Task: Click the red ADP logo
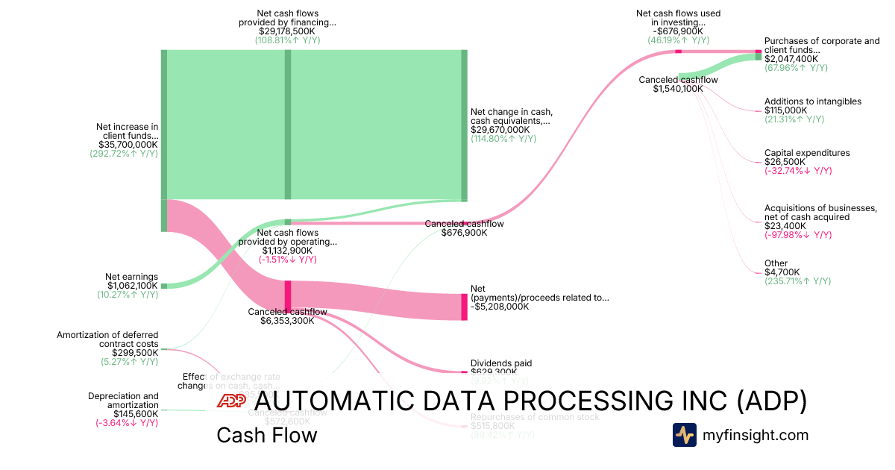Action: click(x=230, y=401)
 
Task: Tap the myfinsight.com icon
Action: click(x=684, y=435)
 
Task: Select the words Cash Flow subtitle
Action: click(x=266, y=435)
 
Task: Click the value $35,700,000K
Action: click(x=128, y=145)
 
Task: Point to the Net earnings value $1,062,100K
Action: click(x=131, y=286)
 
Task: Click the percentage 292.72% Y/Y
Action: click(x=124, y=154)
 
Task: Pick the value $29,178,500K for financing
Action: click(x=287, y=31)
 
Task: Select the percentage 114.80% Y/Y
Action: click(x=503, y=139)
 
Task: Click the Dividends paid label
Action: click(x=500, y=363)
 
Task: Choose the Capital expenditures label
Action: click(x=806, y=153)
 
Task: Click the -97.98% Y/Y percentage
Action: click(x=797, y=235)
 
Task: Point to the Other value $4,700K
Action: click(x=782, y=272)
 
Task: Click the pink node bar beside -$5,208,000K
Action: click(x=464, y=307)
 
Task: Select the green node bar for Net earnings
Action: click(x=164, y=285)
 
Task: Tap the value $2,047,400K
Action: click(x=791, y=58)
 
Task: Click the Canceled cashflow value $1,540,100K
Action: click(x=678, y=89)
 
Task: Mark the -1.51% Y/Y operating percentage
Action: click(x=288, y=260)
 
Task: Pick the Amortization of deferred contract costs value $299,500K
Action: click(x=135, y=353)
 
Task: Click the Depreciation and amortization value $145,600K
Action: click(x=135, y=413)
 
